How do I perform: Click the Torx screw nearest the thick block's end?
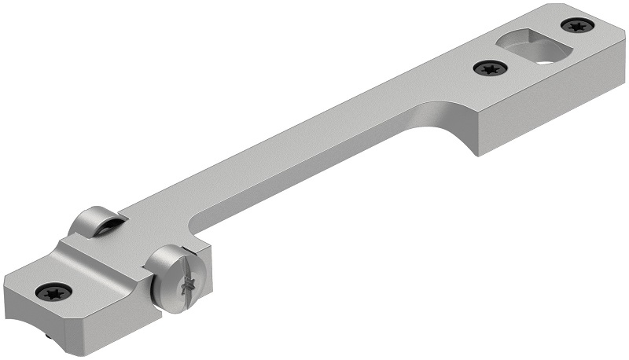click(x=576, y=26)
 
